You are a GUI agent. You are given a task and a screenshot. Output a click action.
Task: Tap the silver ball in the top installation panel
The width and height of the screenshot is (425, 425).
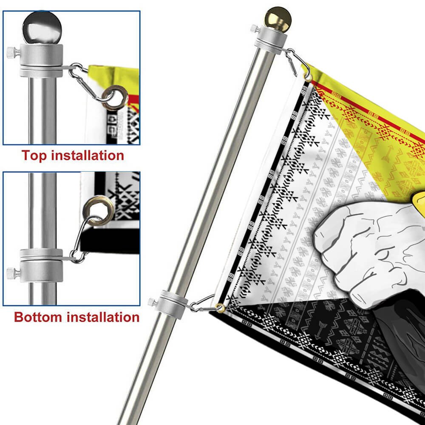click(x=42, y=28)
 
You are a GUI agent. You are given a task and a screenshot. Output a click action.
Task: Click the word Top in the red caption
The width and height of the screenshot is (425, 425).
click(x=35, y=156)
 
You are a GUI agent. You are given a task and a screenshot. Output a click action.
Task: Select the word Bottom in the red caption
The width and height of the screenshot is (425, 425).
click(x=38, y=317)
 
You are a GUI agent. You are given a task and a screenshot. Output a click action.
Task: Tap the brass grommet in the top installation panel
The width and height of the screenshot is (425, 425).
click(x=115, y=98)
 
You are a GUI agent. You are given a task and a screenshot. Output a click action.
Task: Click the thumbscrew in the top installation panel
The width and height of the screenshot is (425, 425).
click(x=13, y=52)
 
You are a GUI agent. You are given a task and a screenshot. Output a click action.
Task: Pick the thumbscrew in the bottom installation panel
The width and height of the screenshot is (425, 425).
click(x=13, y=273)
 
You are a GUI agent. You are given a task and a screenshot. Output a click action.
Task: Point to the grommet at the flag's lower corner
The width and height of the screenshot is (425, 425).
click(x=220, y=308)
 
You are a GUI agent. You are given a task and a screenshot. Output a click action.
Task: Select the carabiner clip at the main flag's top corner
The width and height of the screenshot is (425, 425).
click(x=298, y=62)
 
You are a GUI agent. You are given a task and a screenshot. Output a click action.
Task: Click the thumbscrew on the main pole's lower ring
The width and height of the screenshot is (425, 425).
click(x=153, y=302)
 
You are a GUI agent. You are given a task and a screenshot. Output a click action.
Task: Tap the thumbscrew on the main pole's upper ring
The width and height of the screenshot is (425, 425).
click(x=255, y=28)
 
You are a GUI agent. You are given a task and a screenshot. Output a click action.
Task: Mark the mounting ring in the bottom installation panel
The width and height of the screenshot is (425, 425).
click(x=41, y=266)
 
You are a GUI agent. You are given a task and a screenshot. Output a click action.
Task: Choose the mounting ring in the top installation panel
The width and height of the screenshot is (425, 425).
click(x=41, y=61)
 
